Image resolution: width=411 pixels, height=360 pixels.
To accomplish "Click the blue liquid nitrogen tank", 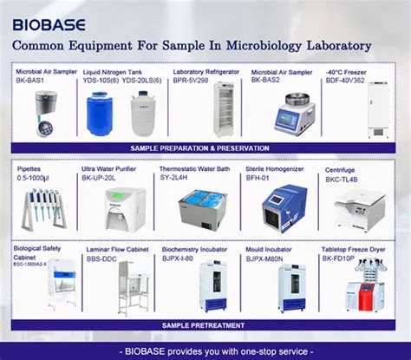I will (99, 114).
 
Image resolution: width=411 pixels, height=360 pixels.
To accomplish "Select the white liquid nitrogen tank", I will (141, 114).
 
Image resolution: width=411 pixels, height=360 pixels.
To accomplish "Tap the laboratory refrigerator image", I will (223, 110).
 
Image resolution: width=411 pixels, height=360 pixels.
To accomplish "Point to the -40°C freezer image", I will (379, 110).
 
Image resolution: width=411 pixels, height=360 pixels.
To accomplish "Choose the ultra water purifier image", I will (125, 209).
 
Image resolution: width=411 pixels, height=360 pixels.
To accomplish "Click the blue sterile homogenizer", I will (284, 206).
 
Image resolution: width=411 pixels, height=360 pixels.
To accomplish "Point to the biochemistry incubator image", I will (212, 287).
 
